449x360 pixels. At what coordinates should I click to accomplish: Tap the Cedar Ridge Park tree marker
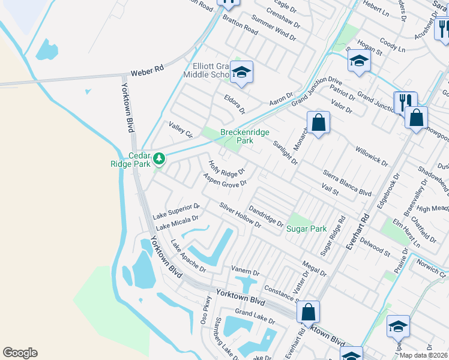click(x=159, y=159)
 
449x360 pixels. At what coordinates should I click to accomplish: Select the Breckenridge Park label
click(x=245, y=136)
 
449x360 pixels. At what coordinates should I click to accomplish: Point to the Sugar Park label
click(x=306, y=229)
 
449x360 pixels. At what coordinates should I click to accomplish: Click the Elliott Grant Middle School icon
click(x=241, y=72)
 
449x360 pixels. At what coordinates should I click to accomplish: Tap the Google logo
click(x=20, y=353)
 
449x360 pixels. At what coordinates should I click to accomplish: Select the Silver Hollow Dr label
click(x=240, y=215)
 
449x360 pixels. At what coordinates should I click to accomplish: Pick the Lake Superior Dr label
click(x=176, y=211)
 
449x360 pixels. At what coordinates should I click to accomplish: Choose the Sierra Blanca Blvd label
click(x=348, y=182)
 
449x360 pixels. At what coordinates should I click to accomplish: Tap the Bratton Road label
click(x=240, y=24)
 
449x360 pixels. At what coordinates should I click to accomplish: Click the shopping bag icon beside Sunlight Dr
click(x=319, y=123)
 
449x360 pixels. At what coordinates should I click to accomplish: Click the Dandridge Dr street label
click(x=265, y=217)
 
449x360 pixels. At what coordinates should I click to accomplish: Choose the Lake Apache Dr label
click(x=188, y=256)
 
